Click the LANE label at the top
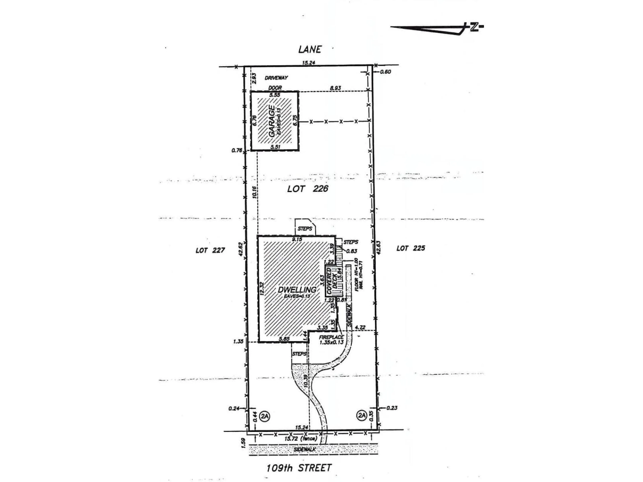pyautogui.click(x=310, y=49)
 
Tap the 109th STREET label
pyautogui.click(x=299, y=468)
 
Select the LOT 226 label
pyautogui.click(x=308, y=189)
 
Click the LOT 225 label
pyautogui.click(x=410, y=248)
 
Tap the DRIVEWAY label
pyautogui.click(x=276, y=78)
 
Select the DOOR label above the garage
pyautogui.click(x=275, y=88)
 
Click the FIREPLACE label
pyautogui.click(x=331, y=337)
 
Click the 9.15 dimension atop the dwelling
pyautogui.click(x=297, y=239)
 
